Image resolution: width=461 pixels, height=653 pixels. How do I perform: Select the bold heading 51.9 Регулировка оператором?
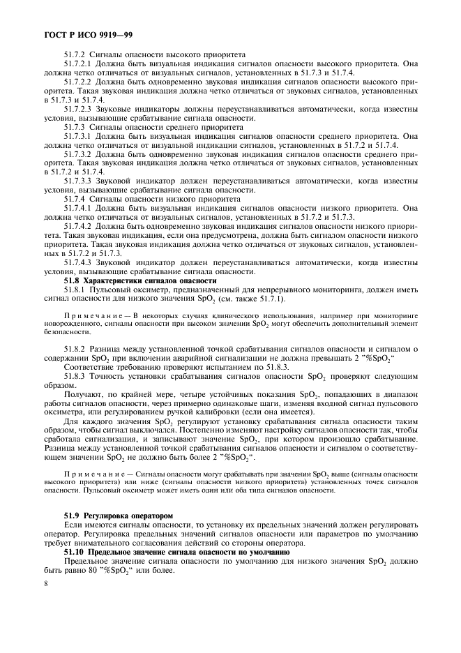[117, 515]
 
